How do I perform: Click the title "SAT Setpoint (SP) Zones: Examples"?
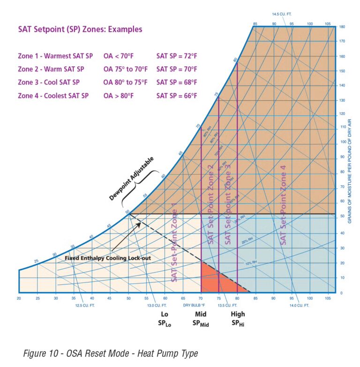(x=80, y=30)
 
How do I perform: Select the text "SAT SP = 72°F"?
(x=177, y=55)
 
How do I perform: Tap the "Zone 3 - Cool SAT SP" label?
(x=49, y=82)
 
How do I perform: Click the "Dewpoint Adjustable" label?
(x=131, y=179)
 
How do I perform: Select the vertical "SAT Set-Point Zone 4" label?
(x=284, y=205)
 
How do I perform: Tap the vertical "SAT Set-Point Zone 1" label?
(x=174, y=242)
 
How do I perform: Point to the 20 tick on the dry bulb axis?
(x=19, y=298)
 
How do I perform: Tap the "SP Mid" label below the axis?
(x=201, y=323)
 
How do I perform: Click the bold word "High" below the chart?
(x=238, y=314)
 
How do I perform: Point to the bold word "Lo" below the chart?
(x=164, y=314)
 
